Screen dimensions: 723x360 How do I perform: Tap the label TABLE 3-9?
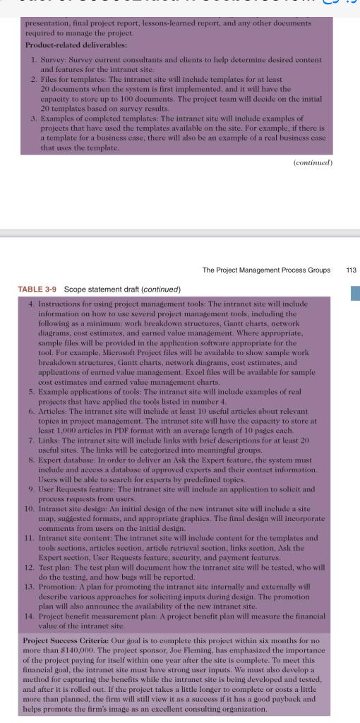(36, 289)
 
